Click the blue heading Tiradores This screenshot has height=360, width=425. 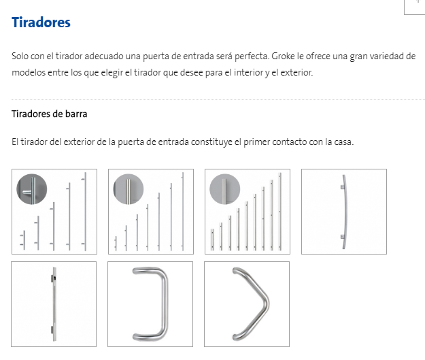tap(41, 22)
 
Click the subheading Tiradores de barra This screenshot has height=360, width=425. tap(50, 114)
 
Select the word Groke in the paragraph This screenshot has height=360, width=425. tap(283, 56)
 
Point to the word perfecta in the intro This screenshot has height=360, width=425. tap(252, 56)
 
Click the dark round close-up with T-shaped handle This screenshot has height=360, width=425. tap(32, 189)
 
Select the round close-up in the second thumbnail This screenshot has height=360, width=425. tap(129, 189)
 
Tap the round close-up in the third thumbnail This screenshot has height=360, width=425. tap(224, 189)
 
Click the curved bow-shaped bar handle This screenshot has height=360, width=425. tap(345, 212)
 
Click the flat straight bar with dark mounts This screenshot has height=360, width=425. tap(54, 304)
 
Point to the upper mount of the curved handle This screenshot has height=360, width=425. tap(342, 187)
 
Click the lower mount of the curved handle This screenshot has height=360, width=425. tap(342, 237)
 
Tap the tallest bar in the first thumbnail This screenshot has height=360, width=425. tap(85, 212)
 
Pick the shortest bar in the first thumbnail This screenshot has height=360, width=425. tap(24, 240)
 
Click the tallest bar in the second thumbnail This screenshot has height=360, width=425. tap(183, 212)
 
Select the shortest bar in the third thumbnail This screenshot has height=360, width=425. tap(212, 240)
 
